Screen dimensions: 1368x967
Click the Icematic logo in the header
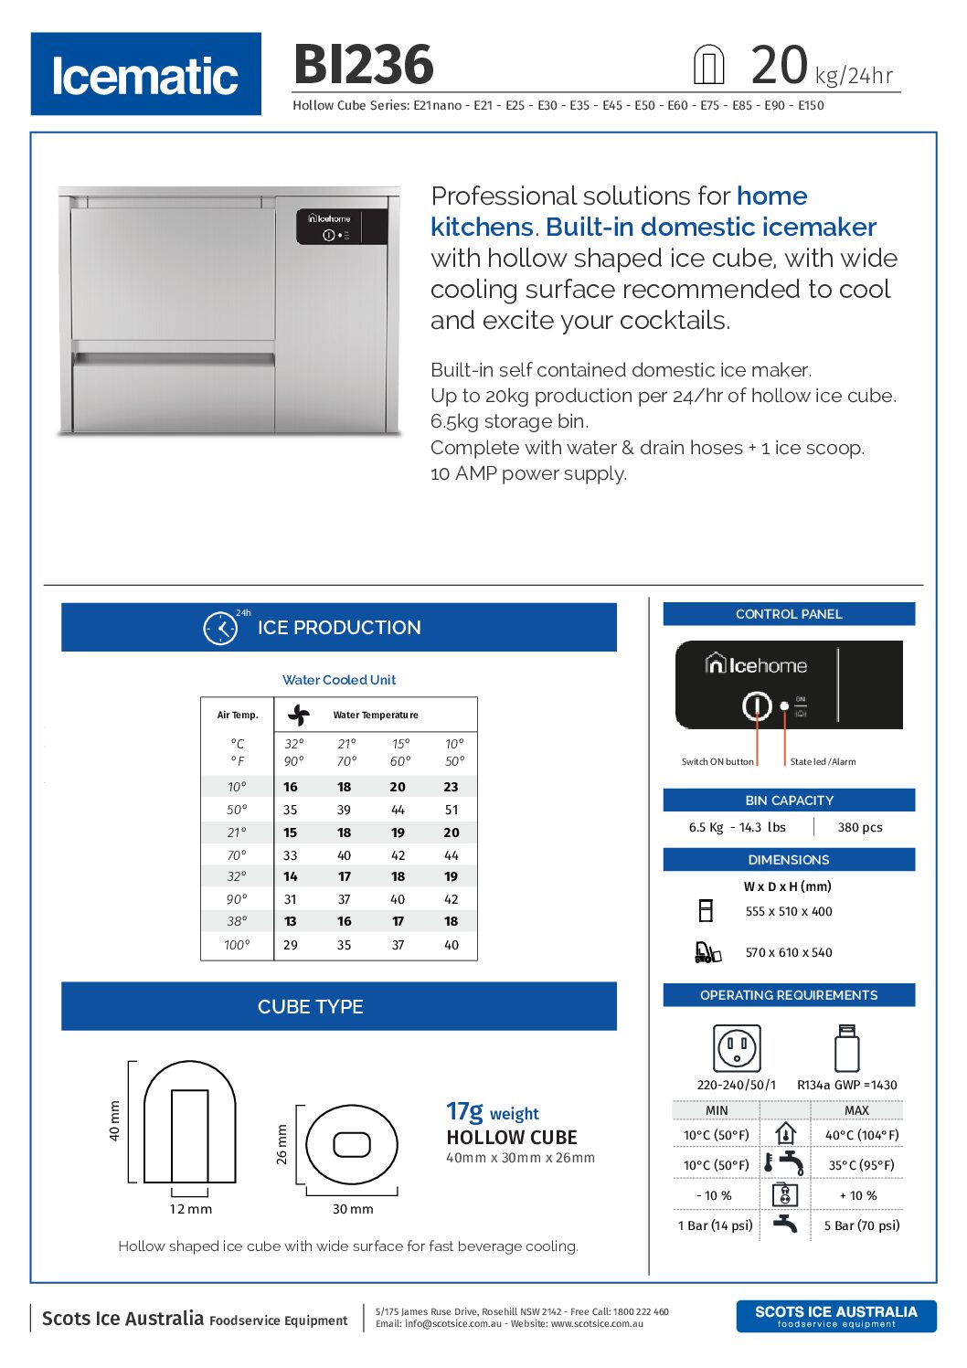pos(146,75)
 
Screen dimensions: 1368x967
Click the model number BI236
pos(364,65)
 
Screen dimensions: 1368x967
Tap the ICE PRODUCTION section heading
pos(339,628)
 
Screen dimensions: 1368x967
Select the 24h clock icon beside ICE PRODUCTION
pos(220,628)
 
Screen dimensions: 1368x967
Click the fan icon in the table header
pos(299,715)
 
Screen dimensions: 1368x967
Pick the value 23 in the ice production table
pos(451,787)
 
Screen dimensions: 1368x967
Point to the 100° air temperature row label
pos(237,945)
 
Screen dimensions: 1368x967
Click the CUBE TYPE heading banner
pos(311,1006)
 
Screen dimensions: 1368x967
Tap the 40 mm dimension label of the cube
pos(114,1121)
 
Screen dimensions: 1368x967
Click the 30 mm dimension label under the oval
pos(353,1209)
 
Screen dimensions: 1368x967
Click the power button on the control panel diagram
pos(757,705)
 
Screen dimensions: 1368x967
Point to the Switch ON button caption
pos(717,761)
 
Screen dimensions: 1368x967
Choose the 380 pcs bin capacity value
pos(860,827)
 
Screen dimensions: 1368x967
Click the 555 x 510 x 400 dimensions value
pos(789,911)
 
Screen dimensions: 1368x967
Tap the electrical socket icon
pos(737,1047)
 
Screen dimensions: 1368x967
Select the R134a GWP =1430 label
pos(847,1085)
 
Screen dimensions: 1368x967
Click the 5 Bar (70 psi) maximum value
pos(862,1225)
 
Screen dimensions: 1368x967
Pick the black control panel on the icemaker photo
pos(342,227)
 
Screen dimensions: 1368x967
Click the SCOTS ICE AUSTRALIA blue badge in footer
pos(836,1316)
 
